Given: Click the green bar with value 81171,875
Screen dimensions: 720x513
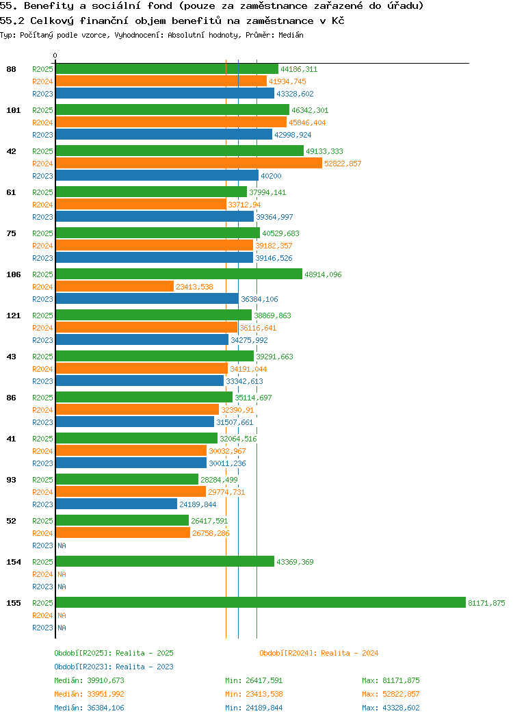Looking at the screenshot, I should [260, 603].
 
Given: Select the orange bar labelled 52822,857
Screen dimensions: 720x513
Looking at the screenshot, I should [188, 164].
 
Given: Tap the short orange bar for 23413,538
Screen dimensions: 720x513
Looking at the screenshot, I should [114, 287].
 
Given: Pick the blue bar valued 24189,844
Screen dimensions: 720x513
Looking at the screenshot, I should [116, 504].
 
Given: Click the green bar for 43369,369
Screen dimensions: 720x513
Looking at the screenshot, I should [164, 562].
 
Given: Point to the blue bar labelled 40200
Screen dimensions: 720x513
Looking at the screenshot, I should [157, 176].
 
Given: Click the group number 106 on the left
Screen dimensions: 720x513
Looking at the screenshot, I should [13, 274].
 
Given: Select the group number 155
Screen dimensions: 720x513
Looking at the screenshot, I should [13, 603].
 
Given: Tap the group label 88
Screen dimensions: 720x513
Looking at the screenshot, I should [11, 69].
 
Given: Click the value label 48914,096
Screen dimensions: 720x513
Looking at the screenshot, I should [323, 274].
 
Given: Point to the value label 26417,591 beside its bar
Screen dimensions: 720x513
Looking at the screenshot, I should [210, 521].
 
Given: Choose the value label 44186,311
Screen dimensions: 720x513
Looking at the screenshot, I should [299, 69].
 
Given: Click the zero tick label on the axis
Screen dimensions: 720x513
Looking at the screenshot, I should [55, 56].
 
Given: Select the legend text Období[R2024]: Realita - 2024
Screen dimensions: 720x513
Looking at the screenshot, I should [319, 653].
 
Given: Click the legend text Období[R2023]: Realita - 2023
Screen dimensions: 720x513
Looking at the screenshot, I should [114, 667].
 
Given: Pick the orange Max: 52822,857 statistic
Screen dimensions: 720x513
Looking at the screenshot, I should [391, 694].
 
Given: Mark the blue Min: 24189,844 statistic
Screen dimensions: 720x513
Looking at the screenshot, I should [254, 708].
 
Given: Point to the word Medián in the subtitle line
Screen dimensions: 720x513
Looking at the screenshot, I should [291, 34].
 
